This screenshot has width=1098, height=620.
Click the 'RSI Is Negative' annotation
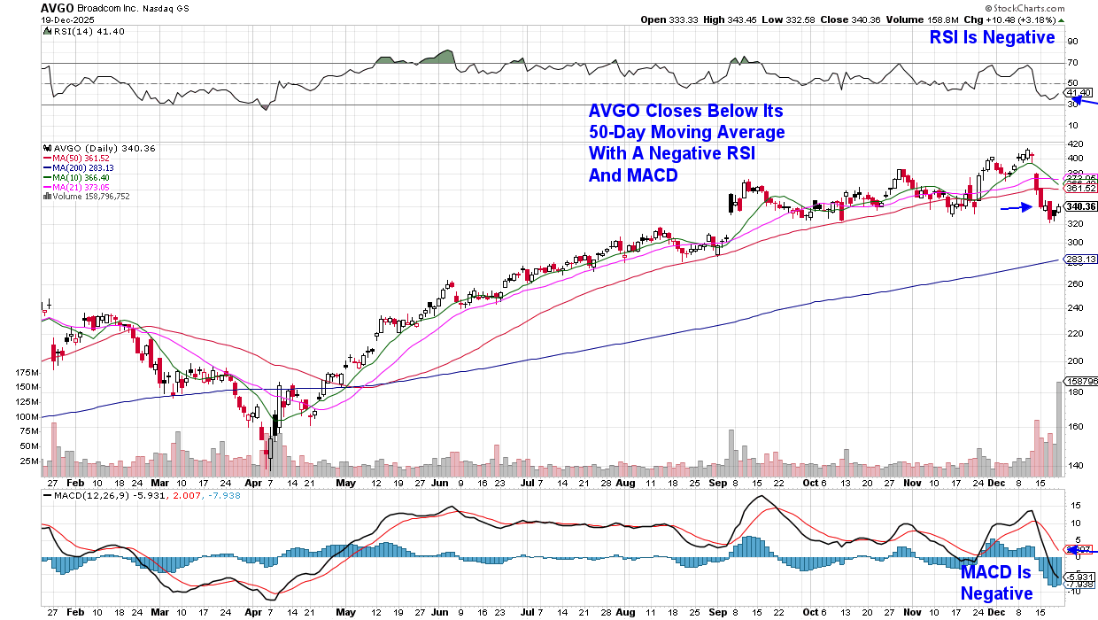click(992, 37)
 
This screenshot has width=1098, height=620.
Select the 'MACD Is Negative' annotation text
click(996, 583)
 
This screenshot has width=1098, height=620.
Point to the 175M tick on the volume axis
click(28, 373)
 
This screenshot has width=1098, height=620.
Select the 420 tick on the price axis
click(1075, 143)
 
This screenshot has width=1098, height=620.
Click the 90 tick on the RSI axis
click(1072, 41)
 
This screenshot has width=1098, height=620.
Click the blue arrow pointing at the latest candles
click(1016, 208)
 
